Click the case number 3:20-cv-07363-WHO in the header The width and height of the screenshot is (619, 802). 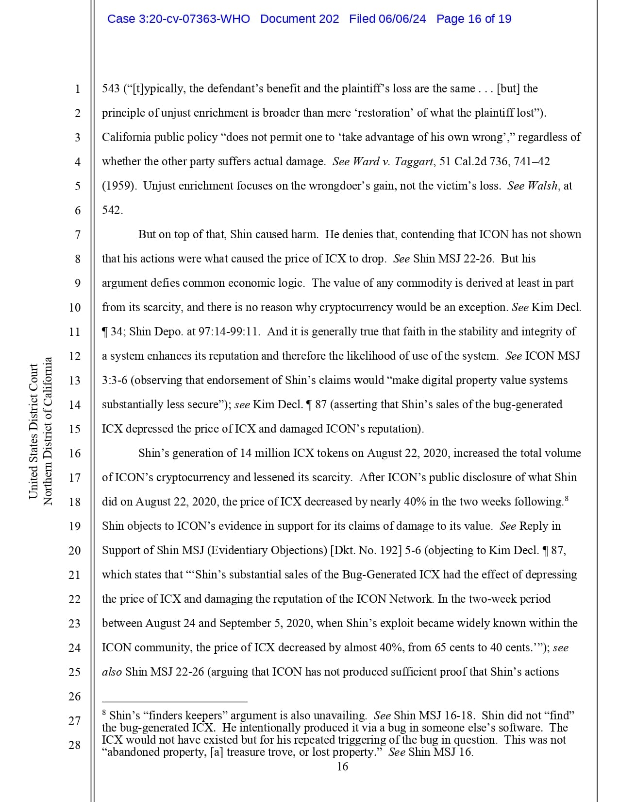pyautogui.click(x=178, y=19)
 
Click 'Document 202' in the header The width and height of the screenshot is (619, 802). pyautogui.click(x=300, y=19)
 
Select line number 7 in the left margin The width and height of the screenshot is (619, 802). pyautogui.click(x=78, y=235)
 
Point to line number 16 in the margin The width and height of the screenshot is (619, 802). pyautogui.click(x=75, y=453)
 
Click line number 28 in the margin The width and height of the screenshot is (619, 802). pyautogui.click(x=75, y=745)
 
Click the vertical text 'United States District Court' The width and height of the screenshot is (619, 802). pyautogui.click(x=33, y=431)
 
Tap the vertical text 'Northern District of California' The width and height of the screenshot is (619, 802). pyautogui.click(x=48, y=431)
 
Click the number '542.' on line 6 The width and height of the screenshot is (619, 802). pyautogui.click(x=113, y=210)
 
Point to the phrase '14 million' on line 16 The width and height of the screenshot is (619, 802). pyautogui.click(x=265, y=453)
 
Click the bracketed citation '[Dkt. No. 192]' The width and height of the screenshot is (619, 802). pyautogui.click(x=367, y=550)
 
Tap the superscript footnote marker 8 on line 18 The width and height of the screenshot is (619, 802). pyautogui.click(x=567, y=498)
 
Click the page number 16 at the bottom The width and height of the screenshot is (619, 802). pyautogui.click(x=342, y=767)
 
